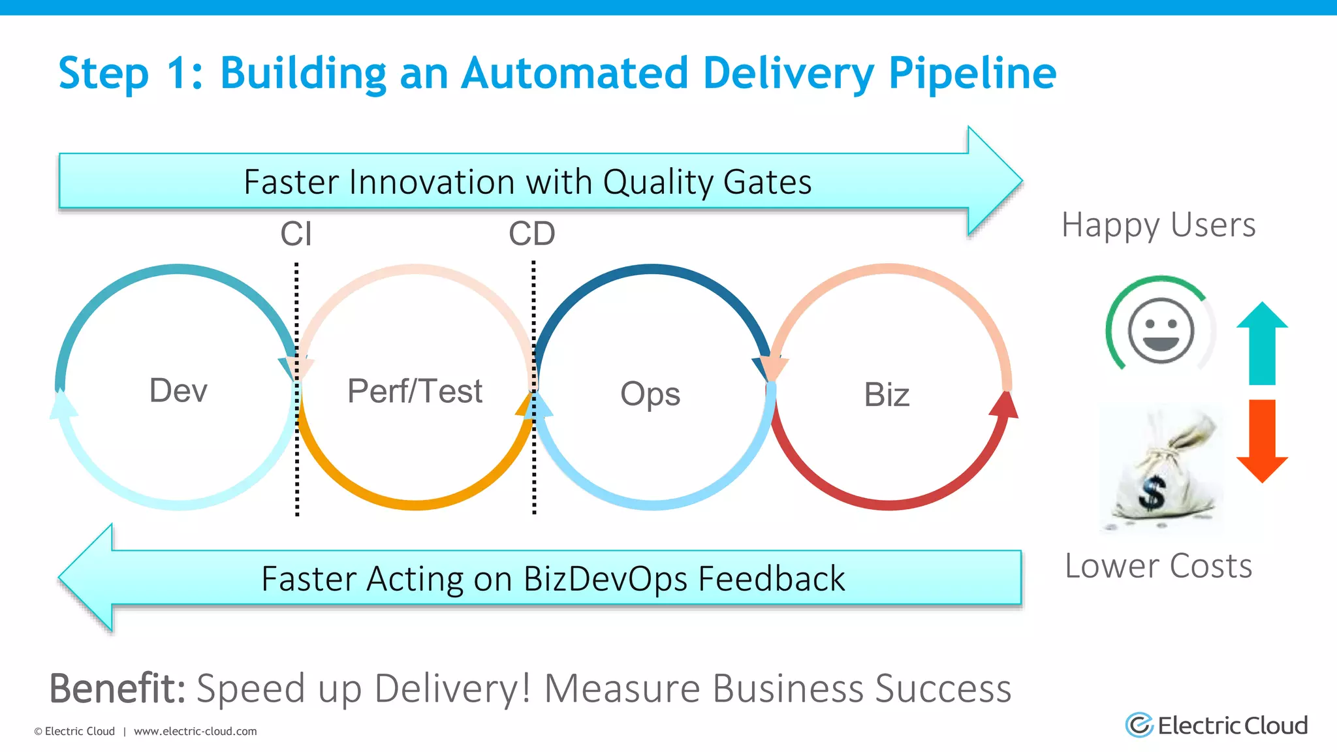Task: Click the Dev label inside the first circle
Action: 178,390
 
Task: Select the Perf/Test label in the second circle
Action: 415,391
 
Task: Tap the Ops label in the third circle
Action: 650,394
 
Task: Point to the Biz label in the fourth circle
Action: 887,394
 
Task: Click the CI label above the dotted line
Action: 296,234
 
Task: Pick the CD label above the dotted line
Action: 532,234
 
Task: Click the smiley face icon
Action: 1161,330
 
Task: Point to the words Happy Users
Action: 1158,225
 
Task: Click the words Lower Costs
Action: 1158,565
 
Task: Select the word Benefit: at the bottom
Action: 118,688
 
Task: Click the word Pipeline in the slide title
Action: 972,72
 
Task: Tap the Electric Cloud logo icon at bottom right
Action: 1140,725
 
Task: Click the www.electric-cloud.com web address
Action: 195,731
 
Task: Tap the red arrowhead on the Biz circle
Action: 1005,405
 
